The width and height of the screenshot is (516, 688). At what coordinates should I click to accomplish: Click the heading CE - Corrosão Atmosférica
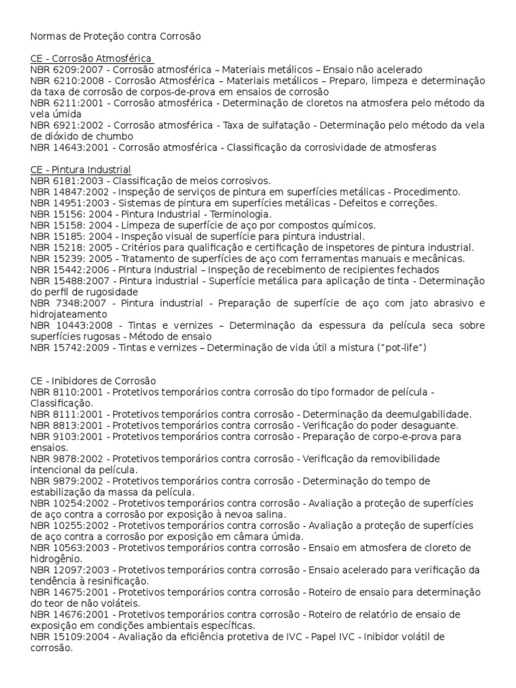point(91,58)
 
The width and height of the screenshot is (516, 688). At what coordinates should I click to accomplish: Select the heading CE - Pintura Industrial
point(81,169)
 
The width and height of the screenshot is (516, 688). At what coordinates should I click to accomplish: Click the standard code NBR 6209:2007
point(65,69)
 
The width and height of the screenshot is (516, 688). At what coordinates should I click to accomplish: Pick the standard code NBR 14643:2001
point(67,147)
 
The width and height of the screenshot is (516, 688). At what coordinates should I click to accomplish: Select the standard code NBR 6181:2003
point(65,181)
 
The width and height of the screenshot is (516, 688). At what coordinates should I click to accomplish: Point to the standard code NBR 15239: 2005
point(69,259)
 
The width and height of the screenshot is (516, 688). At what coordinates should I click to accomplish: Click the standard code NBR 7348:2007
point(65,303)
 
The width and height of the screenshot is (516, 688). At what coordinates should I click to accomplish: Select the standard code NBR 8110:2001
point(65,392)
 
